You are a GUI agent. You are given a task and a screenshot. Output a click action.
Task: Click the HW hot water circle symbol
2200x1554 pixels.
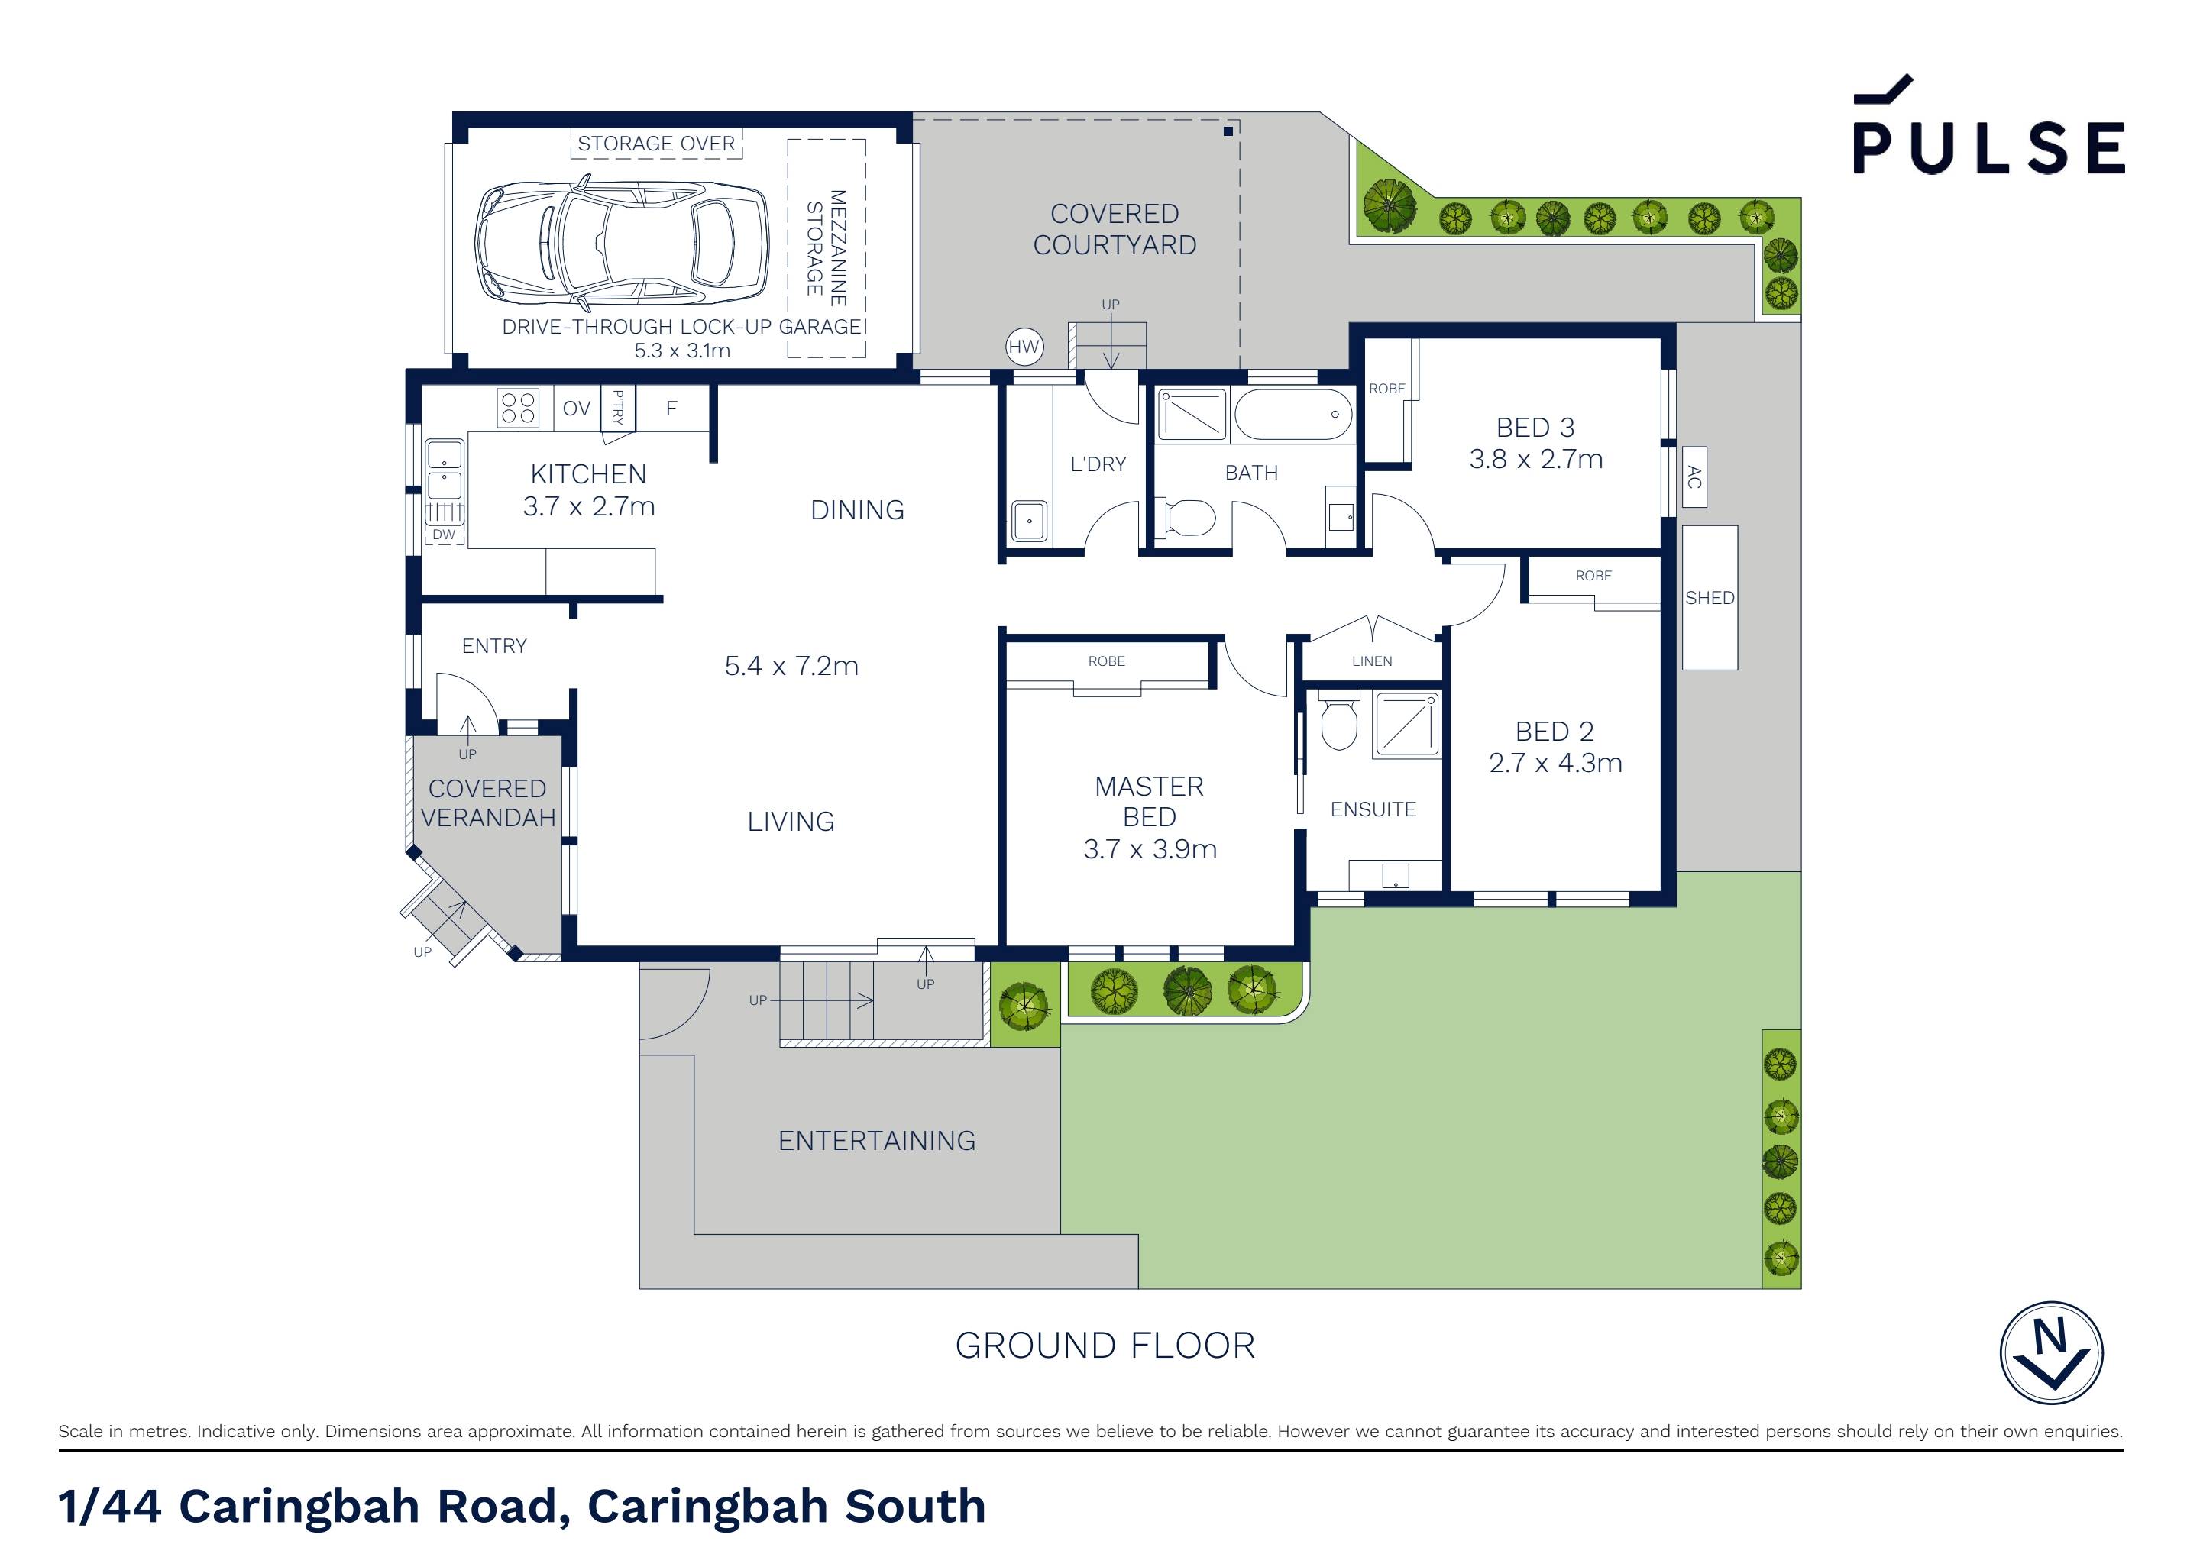pos(1024,347)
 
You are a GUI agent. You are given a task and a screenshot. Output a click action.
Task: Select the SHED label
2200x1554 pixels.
pos(1710,598)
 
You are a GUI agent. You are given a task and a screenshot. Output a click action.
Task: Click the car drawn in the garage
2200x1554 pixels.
pos(623,241)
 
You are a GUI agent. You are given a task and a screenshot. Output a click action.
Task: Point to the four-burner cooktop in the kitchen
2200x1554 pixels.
pos(519,407)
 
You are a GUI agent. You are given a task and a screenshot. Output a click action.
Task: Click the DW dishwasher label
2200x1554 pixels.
pos(444,535)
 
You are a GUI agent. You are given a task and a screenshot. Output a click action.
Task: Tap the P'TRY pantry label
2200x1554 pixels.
pos(618,408)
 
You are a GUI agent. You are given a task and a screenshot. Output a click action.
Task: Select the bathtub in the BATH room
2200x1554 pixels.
pos(1292,414)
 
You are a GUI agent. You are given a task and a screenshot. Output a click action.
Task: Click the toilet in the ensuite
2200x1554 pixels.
pos(1338,722)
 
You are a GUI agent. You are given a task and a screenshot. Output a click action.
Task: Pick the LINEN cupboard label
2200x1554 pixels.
pos(1371,661)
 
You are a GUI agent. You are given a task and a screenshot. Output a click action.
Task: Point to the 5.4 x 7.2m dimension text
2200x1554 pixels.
pos(791,666)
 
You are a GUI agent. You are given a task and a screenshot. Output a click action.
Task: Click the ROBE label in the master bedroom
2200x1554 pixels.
pos(1106,661)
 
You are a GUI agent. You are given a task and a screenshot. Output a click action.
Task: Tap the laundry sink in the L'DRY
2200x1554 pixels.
pos(1029,522)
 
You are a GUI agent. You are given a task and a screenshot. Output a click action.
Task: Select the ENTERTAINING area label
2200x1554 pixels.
pos(877,1141)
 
